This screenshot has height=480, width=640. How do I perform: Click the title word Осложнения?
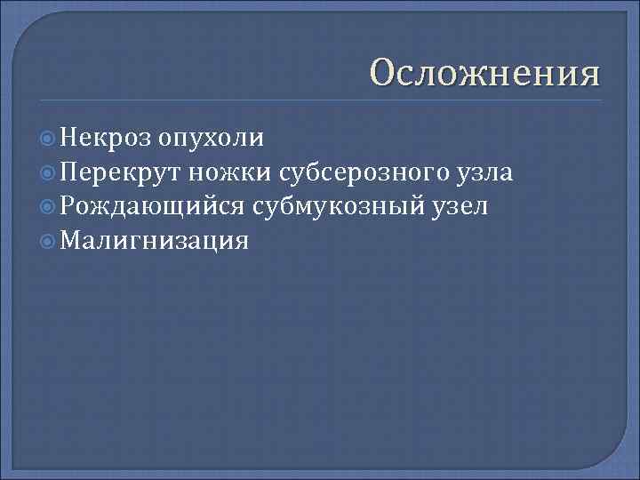484,73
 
